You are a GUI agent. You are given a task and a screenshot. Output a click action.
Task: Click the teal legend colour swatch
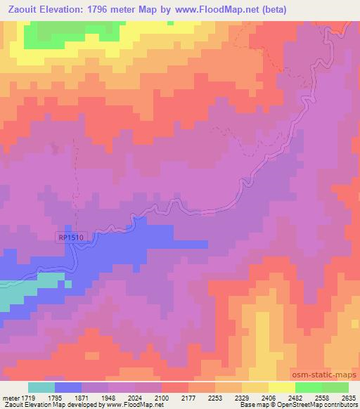[41, 387]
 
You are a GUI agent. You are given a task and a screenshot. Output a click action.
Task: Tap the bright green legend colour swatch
[309, 387]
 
